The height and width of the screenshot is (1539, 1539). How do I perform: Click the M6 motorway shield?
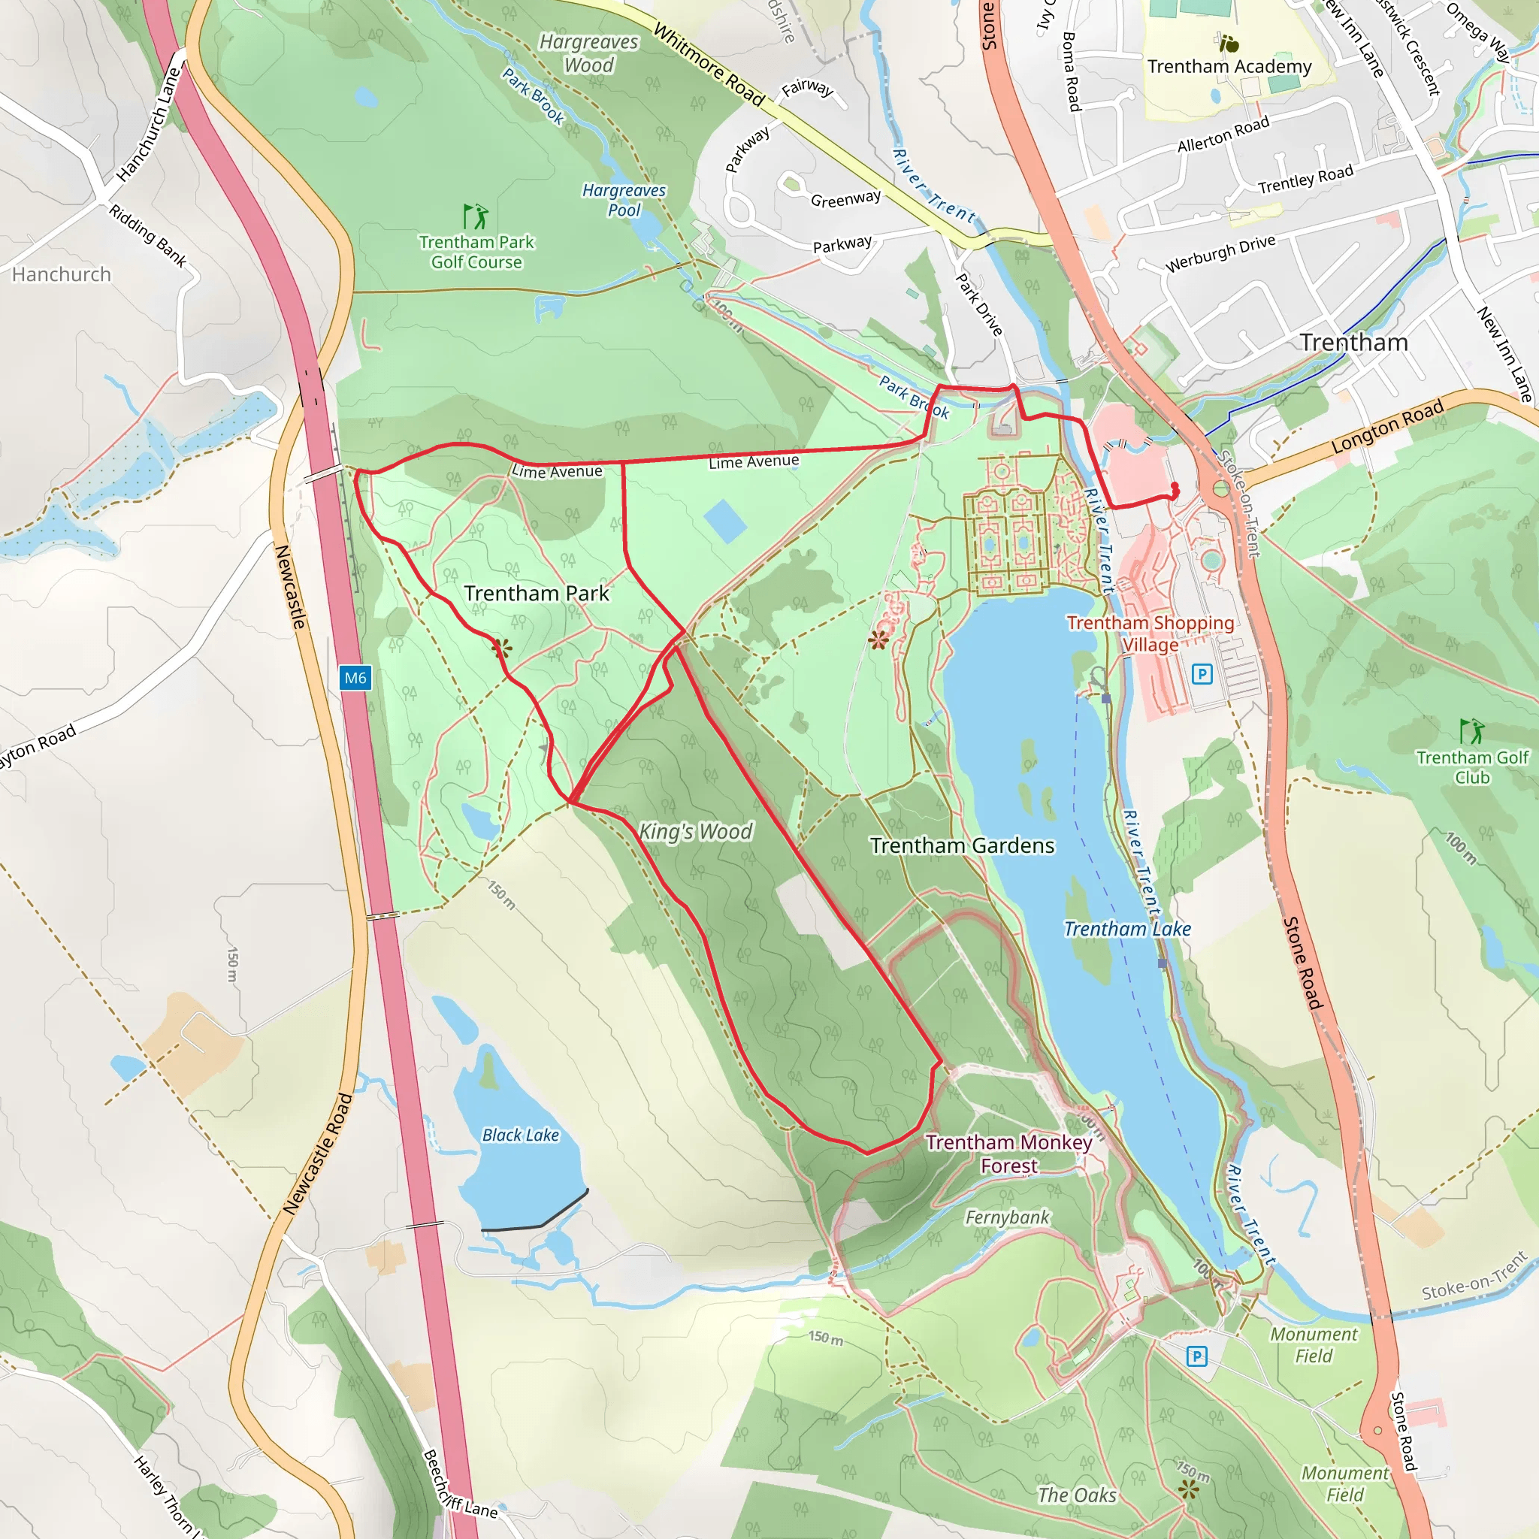(x=355, y=678)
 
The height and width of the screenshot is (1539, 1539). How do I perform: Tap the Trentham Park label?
(x=536, y=594)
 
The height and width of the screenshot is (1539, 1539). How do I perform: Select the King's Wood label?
(x=695, y=832)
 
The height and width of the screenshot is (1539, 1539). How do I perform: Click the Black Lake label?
(x=520, y=1135)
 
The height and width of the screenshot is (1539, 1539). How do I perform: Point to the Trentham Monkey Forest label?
(x=1008, y=1153)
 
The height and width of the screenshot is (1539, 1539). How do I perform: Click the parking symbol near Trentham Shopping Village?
(x=1202, y=675)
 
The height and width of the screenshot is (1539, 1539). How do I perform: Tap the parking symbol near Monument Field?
(x=1196, y=1356)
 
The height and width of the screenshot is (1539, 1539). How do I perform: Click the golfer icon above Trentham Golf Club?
(x=1471, y=730)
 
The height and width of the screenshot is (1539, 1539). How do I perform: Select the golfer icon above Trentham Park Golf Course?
(x=476, y=216)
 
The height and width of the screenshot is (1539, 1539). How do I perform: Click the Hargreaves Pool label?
(x=624, y=200)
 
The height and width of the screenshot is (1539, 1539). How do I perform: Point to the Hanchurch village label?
(x=62, y=275)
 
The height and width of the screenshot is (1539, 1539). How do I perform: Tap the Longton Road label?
(x=1387, y=428)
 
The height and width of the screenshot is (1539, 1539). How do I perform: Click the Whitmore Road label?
(x=708, y=65)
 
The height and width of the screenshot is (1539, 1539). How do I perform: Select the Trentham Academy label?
(x=1229, y=67)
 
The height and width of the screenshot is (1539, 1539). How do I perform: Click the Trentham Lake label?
(x=1127, y=929)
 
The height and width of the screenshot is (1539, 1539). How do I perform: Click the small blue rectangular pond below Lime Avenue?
(x=725, y=521)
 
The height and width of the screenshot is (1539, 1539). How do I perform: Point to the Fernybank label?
(x=1007, y=1217)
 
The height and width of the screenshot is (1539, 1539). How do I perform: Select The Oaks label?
(x=1077, y=1495)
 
